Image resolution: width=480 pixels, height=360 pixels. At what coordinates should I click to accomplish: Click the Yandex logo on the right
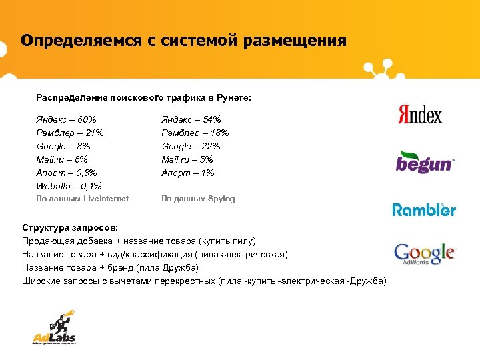(420, 114)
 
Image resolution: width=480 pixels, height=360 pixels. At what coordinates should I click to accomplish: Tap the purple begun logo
(425, 162)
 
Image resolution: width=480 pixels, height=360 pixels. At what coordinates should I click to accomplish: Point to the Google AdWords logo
(424, 254)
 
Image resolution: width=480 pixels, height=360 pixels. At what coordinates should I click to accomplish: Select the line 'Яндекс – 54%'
(191, 119)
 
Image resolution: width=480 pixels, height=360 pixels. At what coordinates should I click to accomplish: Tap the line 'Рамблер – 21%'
(69, 133)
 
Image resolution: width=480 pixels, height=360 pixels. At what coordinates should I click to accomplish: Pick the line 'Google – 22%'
(191, 146)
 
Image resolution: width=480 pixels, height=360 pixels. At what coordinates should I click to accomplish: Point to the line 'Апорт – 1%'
(188, 173)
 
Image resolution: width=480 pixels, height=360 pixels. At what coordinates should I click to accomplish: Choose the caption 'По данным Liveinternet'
(82, 199)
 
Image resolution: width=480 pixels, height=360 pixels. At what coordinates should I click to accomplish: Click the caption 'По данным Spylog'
(198, 199)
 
